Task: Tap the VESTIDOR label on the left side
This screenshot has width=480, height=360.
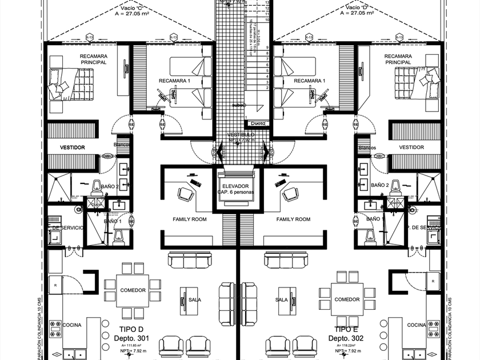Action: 73,147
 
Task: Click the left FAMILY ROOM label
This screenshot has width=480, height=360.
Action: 189,219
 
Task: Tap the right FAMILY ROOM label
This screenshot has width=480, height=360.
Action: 293,219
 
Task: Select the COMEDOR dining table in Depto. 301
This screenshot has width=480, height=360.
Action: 133,290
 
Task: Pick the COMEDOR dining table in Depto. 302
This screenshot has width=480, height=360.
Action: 347,299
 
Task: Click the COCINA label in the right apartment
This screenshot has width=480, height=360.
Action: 417,325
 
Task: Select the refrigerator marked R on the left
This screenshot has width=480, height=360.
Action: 55,284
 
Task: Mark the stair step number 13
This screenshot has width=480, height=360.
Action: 267,2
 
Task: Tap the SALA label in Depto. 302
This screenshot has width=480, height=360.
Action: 281,299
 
